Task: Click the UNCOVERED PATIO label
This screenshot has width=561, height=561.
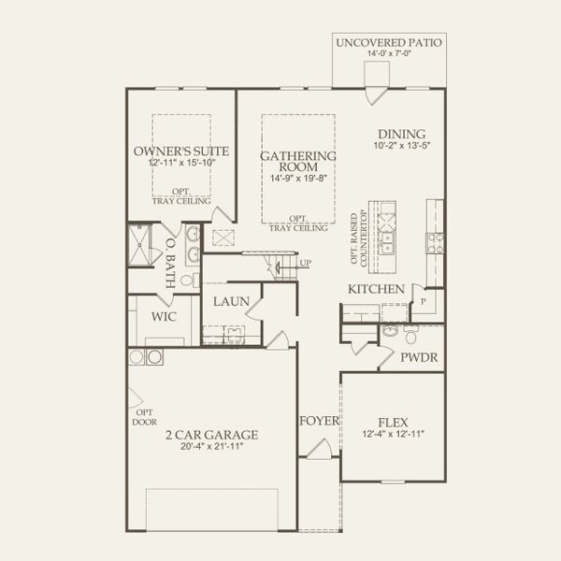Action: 389,43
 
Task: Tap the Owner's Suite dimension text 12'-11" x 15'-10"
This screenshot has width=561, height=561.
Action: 181,163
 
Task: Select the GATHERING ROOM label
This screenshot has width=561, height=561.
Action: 298,162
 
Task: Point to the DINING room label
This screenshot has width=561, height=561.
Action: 402,134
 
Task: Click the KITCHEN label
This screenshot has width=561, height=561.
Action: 377,289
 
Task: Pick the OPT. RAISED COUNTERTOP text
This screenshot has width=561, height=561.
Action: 359,239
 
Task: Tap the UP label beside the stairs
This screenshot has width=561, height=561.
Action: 305,263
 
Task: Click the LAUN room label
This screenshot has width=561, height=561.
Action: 231,301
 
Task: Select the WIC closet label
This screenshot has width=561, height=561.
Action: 164,316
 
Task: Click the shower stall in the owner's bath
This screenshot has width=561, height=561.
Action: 140,245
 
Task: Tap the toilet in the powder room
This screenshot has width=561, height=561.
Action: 410,336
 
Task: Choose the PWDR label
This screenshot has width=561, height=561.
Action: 419,357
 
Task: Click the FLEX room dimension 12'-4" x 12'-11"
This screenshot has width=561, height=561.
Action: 394,434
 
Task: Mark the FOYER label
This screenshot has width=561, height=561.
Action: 319,421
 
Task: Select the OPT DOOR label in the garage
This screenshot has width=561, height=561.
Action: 145,417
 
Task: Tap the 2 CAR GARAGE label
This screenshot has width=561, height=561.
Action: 212,435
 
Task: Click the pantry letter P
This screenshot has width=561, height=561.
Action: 424,302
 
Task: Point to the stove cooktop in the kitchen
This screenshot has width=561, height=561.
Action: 435,243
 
